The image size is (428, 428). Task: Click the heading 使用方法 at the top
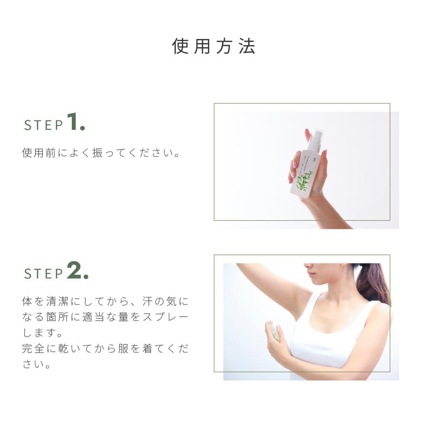tap(214, 47)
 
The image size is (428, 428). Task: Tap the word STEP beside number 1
tap(44, 125)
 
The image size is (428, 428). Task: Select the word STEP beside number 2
tap(44, 273)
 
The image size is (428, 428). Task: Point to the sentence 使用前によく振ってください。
tap(101, 154)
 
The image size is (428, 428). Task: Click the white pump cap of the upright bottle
tap(315, 139)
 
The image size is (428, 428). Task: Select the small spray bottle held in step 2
tap(274, 330)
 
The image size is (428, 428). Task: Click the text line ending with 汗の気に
tap(105, 301)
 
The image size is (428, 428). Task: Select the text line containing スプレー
tap(105, 317)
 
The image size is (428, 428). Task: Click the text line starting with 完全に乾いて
tap(105, 349)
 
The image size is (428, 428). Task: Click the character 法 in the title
tap(247, 47)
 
